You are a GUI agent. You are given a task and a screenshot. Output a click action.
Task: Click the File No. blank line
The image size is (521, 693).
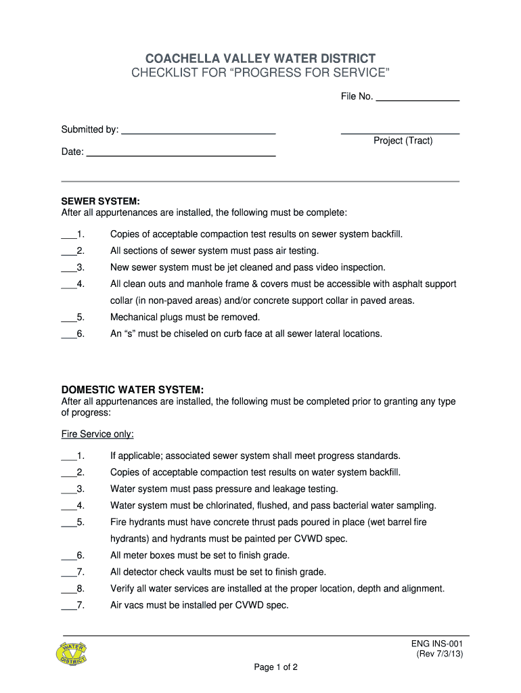(x=417, y=100)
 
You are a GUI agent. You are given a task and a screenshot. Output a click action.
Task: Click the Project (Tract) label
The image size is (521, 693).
(x=403, y=141)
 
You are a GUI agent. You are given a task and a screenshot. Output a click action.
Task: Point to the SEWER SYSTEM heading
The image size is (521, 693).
(x=100, y=202)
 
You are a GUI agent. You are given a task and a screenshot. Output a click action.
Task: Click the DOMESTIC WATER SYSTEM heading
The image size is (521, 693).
(x=132, y=390)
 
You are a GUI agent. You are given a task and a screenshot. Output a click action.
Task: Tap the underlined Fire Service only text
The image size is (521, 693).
(x=97, y=434)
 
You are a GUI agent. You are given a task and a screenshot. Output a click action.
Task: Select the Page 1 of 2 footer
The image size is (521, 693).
(x=276, y=667)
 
